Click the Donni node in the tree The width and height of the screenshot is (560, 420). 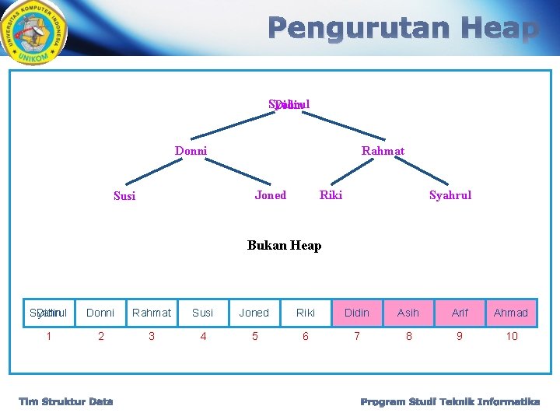(x=191, y=151)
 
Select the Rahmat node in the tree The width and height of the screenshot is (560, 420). (x=383, y=151)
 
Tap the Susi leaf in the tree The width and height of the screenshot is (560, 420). (x=124, y=196)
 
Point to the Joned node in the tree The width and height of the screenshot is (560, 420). (x=270, y=195)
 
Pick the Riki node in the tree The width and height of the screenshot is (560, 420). (x=331, y=195)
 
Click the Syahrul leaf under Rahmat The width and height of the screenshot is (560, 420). (x=450, y=195)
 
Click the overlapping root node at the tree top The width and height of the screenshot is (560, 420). (x=289, y=104)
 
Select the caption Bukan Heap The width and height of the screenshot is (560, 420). (x=284, y=246)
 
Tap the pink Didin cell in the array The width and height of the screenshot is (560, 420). (x=357, y=313)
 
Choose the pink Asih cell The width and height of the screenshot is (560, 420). (x=408, y=313)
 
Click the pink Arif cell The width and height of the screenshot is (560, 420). (x=460, y=313)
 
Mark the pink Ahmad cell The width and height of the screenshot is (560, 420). (x=511, y=313)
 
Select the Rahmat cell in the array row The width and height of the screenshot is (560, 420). (x=152, y=313)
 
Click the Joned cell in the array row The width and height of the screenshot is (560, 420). (x=254, y=313)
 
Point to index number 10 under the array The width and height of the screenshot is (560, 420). (x=511, y=336)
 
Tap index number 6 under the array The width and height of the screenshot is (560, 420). (x=306, y=336)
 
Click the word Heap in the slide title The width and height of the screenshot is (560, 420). (x=498, y=29)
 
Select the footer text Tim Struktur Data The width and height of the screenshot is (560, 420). (x=66, y=401)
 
